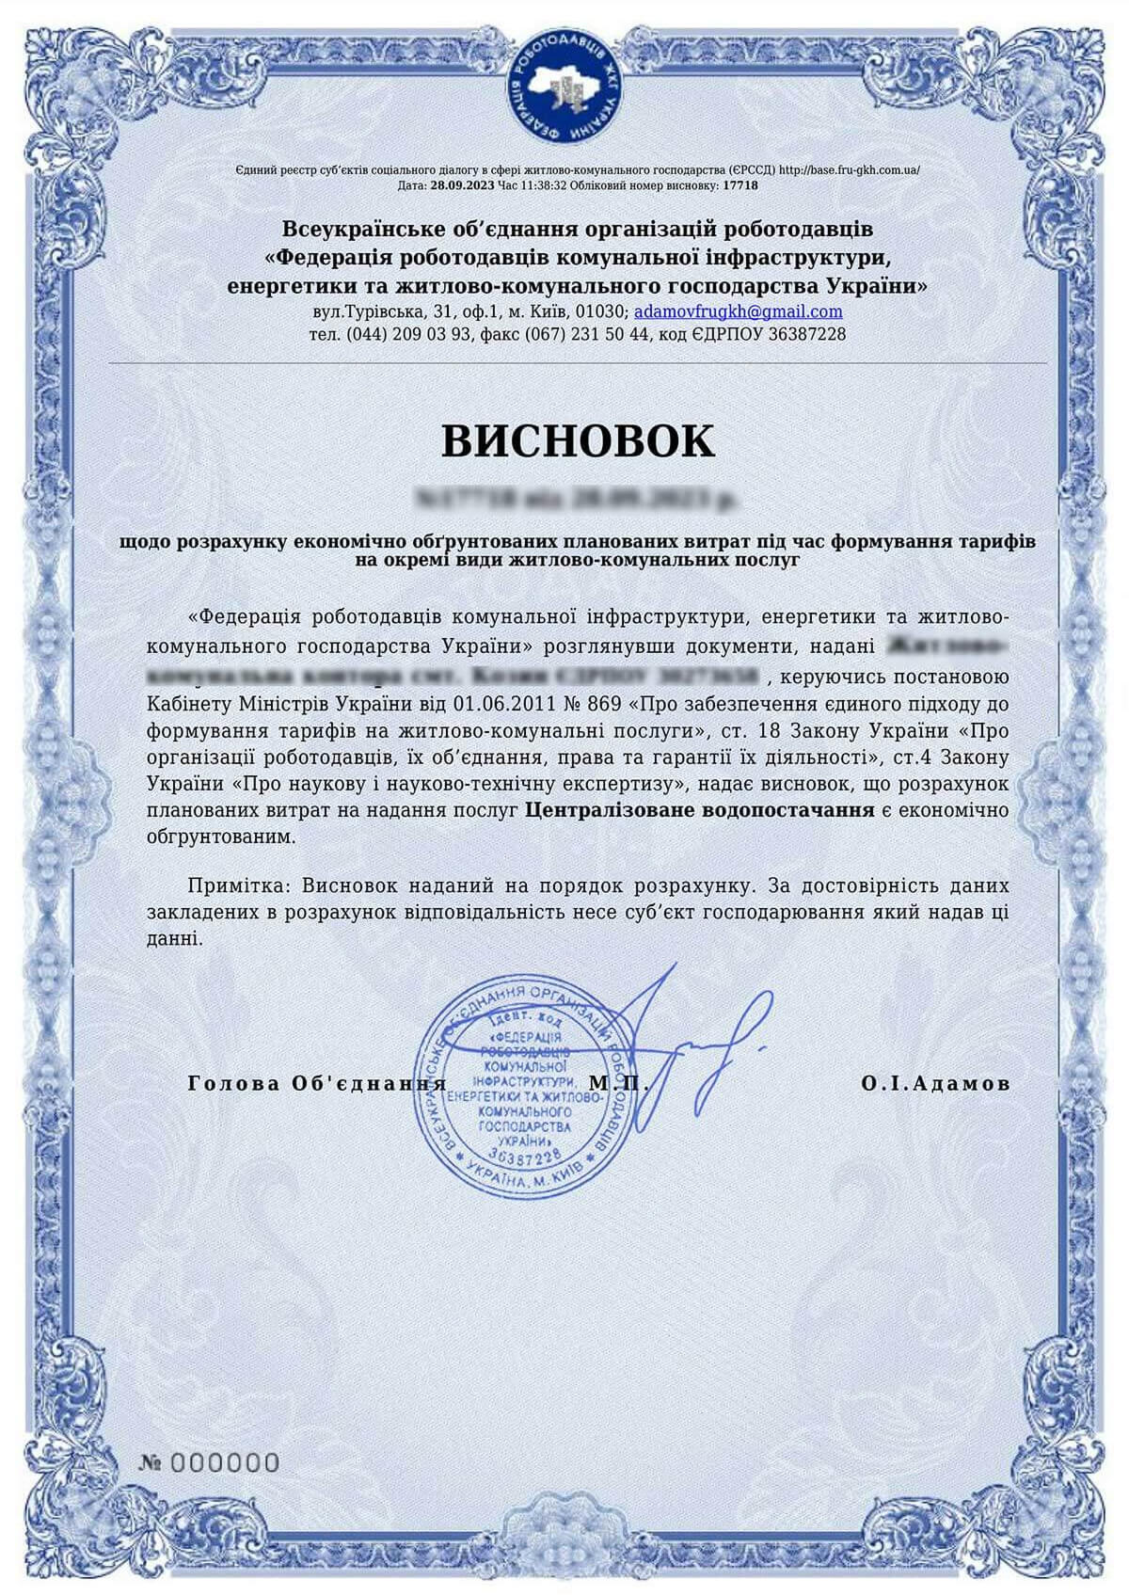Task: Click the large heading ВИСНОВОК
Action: pos(578,440)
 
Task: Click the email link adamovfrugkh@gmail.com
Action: pos(738,311)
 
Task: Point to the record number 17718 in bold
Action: pos(739,185)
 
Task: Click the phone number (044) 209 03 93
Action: pos(409,334)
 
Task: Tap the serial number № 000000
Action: pos(209,1462)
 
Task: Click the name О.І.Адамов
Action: pos(935,1083)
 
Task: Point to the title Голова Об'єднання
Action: pos(317,1083)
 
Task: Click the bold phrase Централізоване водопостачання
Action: pos(699,809)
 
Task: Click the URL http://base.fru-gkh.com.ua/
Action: pos(850,170)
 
